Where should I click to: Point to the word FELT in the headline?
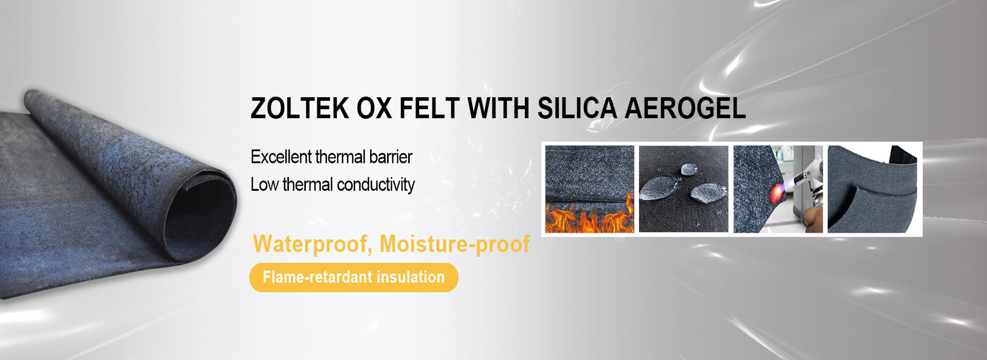[x=429, y=108]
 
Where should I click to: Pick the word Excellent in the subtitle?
[x=281, y=157]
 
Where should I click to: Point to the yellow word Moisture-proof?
[x=454, y=244]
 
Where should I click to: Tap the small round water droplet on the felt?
[x=688, y=169]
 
